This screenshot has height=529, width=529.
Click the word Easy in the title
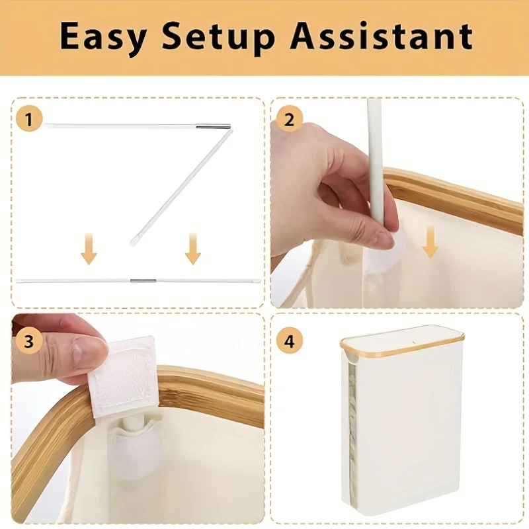[x=103, y=36]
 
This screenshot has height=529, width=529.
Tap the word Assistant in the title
[x=382, y=36]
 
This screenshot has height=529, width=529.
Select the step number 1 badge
[x=29, y=119]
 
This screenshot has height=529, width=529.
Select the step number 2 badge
[x=290, y=120]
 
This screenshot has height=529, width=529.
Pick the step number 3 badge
[x=29, y=341]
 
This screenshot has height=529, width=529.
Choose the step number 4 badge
[x=290, y=341]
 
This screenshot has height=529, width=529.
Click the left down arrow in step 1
[x=89, y=249]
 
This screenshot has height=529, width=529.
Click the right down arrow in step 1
[x=193, y=249]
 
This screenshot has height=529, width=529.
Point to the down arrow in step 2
[x=430, y=243]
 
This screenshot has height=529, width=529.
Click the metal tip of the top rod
[x=214, y=127]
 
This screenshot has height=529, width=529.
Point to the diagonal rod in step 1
[x=181, y=187]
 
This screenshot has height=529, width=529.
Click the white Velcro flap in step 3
[x=123, y=376]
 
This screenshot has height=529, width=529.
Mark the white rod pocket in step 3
[x=134, y=452]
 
